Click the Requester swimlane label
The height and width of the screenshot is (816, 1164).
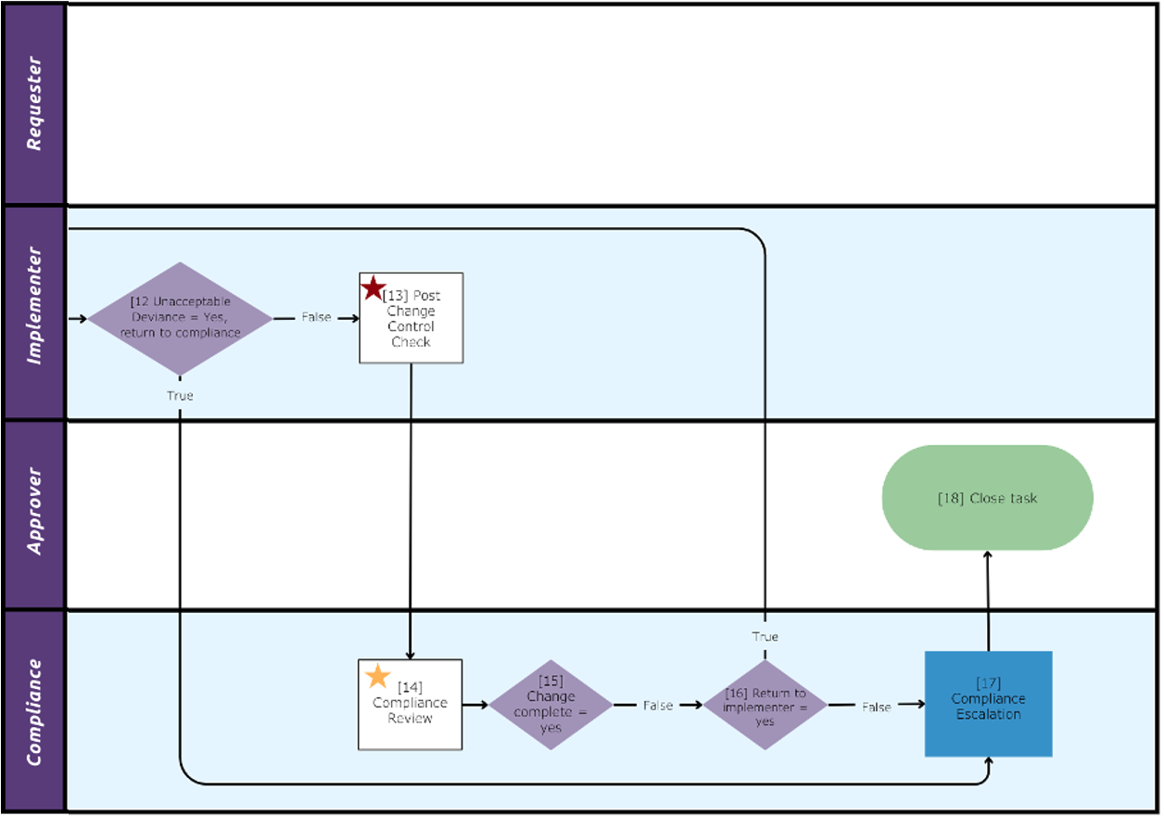(34, 104)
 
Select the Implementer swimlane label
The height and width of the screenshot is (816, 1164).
(34, 305)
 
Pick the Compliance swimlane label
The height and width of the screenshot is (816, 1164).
(34, 711)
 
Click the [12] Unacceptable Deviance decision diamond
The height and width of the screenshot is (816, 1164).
(180, 318)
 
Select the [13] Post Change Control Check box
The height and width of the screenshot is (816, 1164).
(411, 318)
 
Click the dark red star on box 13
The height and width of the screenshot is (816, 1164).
(373, 287)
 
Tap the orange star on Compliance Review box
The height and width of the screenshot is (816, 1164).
(378, 675)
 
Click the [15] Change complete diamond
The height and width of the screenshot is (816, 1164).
(550, 705)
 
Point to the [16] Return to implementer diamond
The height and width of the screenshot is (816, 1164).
(765, 707)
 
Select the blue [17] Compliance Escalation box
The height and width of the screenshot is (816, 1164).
(988, 705)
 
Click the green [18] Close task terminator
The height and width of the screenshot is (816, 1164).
(987, 498)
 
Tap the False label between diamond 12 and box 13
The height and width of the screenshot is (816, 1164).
(316, 317)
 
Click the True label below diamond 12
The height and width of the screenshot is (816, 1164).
(180, 396)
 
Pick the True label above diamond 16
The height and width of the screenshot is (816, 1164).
(765, 637)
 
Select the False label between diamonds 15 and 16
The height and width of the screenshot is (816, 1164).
(658, 706)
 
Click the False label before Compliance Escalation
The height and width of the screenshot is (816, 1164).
(877, 707)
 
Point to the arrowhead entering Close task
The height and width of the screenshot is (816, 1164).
(988, 555)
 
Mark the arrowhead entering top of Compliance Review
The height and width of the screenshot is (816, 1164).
(411, 654)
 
